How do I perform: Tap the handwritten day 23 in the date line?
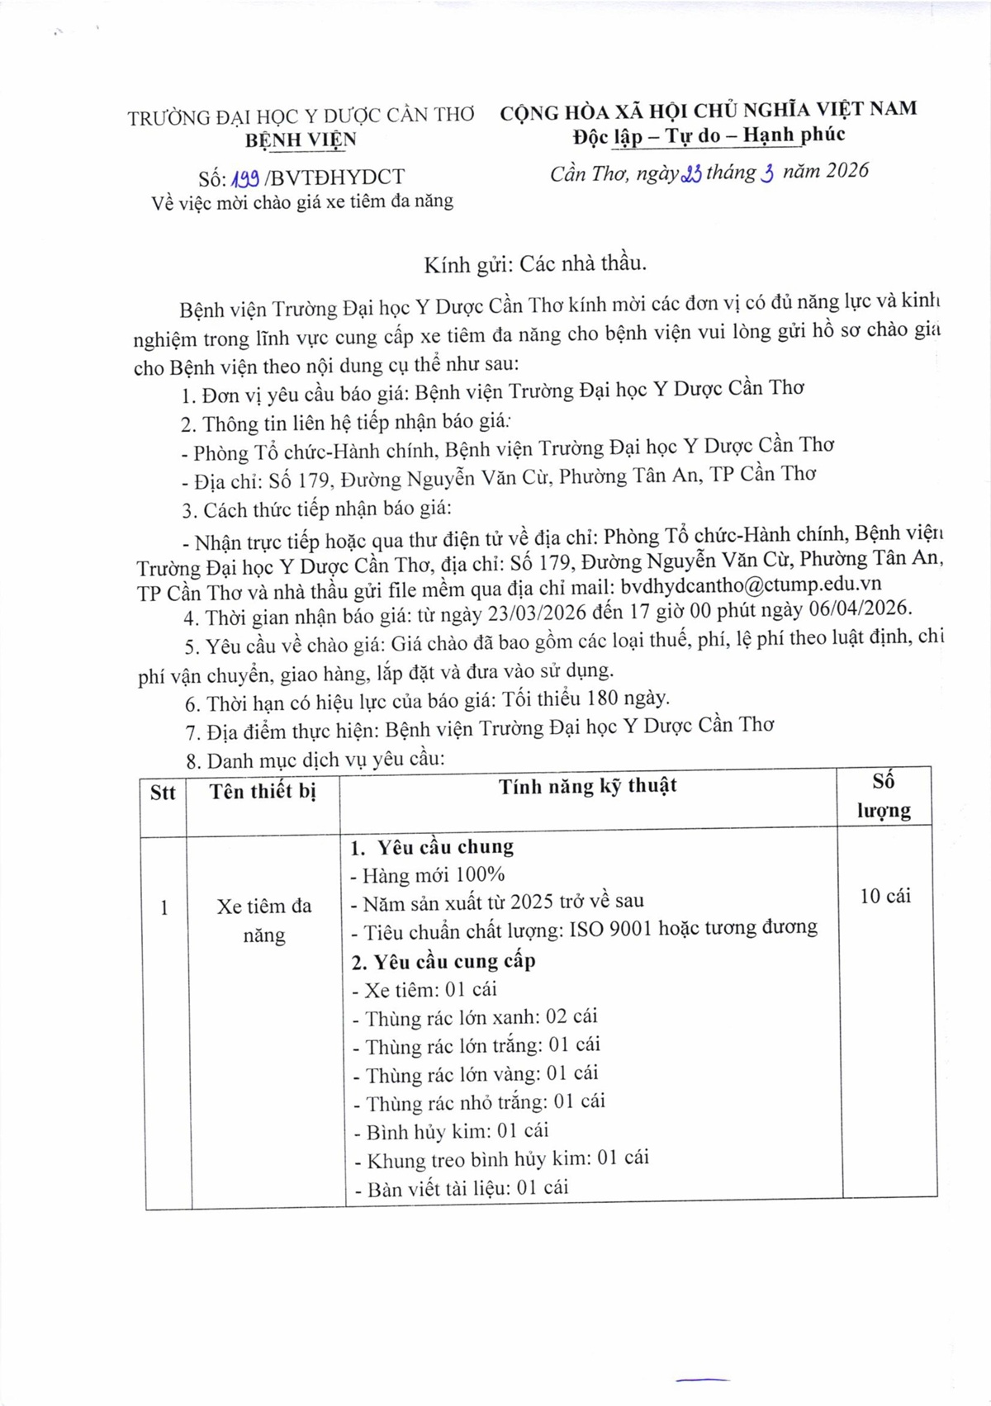(x=691, y=174)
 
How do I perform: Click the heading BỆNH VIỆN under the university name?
(x=301, y=140)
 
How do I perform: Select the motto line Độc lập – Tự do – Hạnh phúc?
(x=709, y=135)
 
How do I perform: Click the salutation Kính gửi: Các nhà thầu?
(x=534, y=263)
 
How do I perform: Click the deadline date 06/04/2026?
(x=858, y=608)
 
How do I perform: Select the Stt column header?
(x=164, y=793)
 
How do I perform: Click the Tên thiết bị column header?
(x=263, y=792)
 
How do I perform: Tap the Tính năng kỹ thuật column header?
(x=587, y=786)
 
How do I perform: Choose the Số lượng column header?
(x=884, y=796)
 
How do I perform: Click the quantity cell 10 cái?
(x=884, y=896)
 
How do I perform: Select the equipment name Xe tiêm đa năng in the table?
(x=264, y=921)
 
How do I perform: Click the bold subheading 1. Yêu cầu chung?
(x=432, y=847)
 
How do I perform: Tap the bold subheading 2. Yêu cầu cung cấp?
(x=443, y=961)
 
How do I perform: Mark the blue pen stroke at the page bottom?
(x=702, y=1378)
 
